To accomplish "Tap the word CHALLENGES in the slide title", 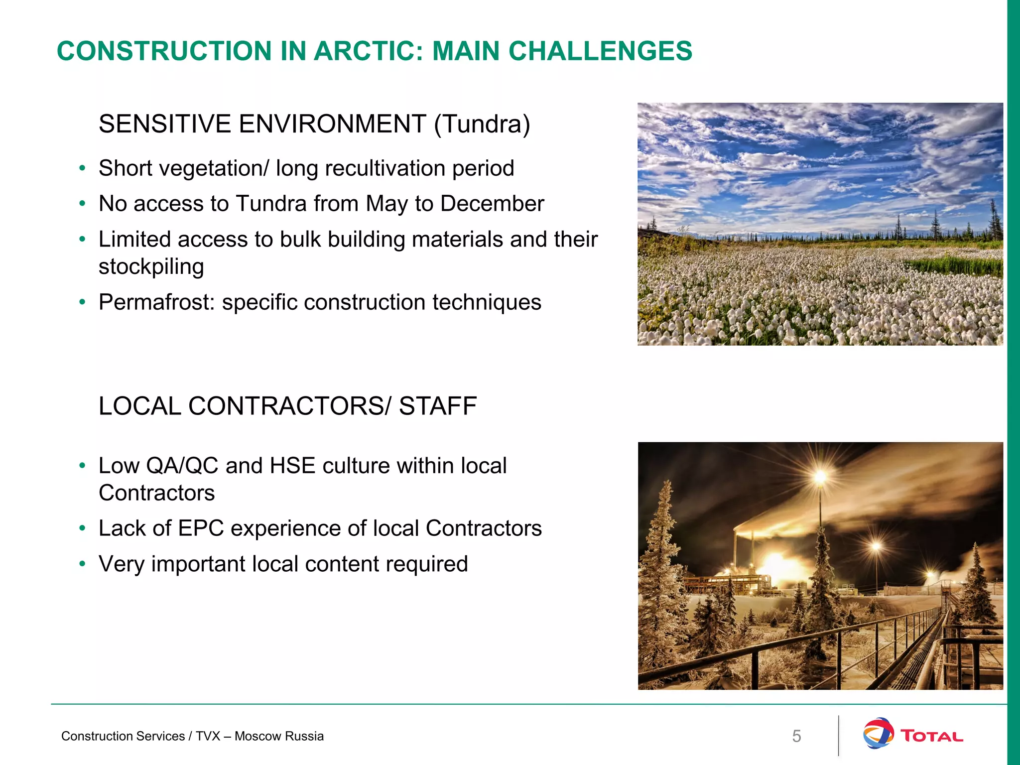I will click(x=600, y=51).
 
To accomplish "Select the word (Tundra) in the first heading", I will click(x=482, y=124).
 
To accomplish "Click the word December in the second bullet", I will click(x=492, y=204).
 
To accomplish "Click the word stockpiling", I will click(x=151, y=267).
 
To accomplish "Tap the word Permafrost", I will click(x=156, y=302).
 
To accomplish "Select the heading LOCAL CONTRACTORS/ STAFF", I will click(x=287, y=406).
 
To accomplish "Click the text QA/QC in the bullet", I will click(x=182, y=466).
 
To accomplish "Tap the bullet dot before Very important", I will click(x=82, y=564).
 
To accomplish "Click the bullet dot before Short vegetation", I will click(x=82, y=168).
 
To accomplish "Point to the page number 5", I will click(x=796, y=736).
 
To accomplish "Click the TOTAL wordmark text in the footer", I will click(x=931, y=736).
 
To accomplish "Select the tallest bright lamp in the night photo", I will click(x=820, y=477).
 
